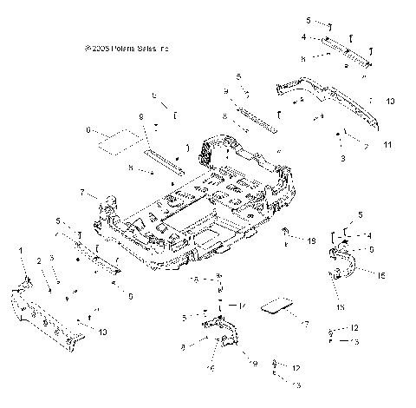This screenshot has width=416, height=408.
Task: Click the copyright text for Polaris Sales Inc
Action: click(x=127, y=49)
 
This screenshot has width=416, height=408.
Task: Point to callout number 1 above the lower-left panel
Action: click(x=20, y=250)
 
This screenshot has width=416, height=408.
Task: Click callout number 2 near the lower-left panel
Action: click(x=38, y=260)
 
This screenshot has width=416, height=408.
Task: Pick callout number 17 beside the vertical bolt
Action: click(x=244, y=305)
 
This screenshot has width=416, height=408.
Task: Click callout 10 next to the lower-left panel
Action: click(x=103, y=332)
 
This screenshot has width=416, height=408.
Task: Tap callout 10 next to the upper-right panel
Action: click(x=389, y=102)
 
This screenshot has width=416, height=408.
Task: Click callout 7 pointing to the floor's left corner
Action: click(x=82, y=191)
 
